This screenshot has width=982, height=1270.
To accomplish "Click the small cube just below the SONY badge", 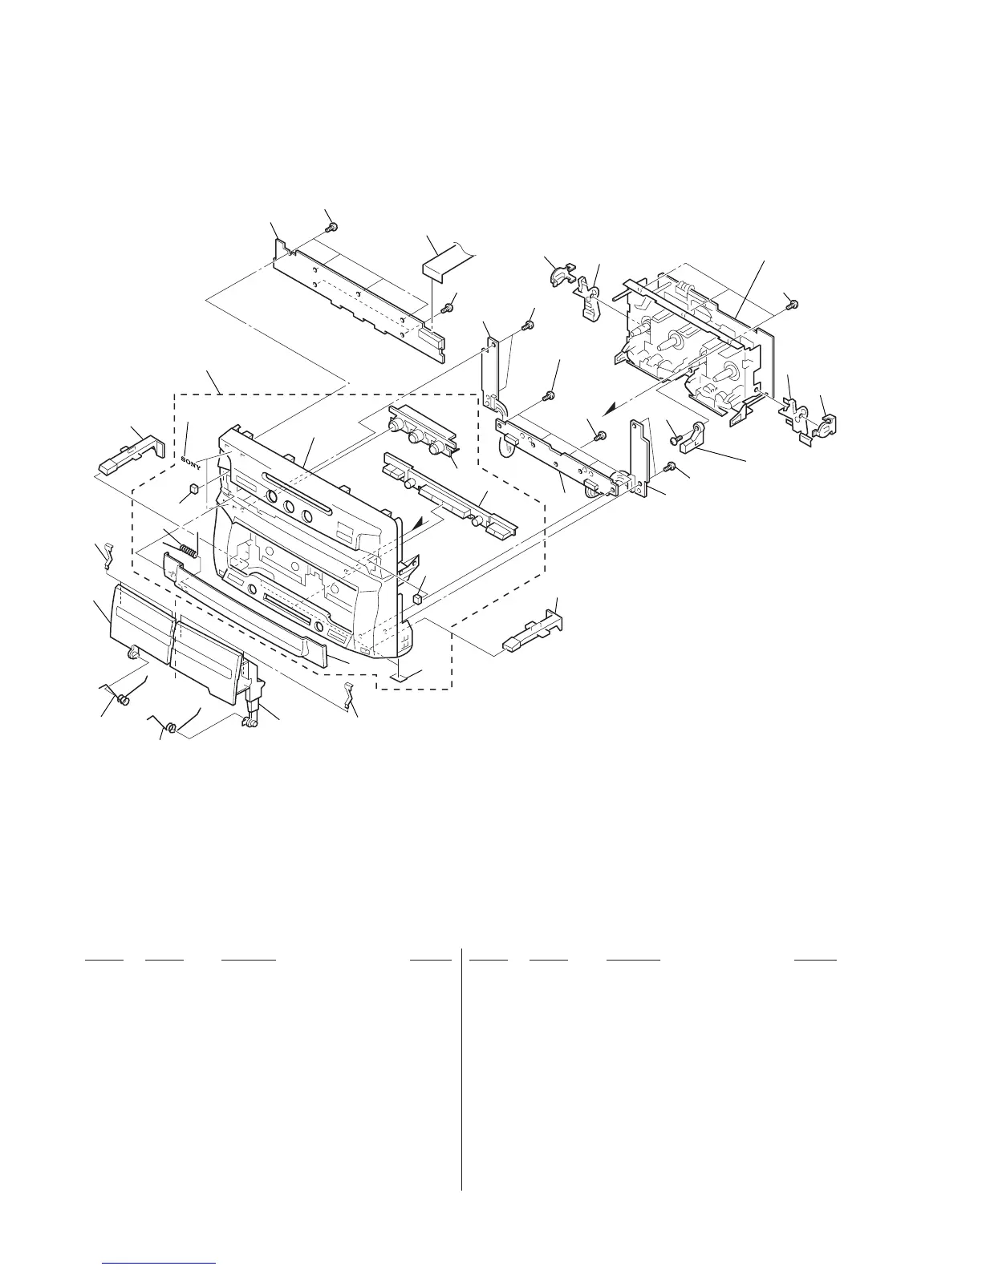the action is [x=193, y=489].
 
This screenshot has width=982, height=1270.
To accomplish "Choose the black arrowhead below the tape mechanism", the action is [x=612, y=406].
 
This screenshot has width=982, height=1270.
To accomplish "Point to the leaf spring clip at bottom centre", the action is [x=348, y=695].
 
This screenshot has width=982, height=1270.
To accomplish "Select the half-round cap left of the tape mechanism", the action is [x=556, y=274].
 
